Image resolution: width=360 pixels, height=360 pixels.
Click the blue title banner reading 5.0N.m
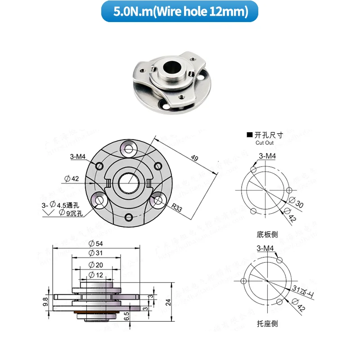(x=180, y=12)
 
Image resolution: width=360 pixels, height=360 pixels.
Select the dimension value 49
(x=194, y=158)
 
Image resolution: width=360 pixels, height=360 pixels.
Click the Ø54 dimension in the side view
(x=95, y=243)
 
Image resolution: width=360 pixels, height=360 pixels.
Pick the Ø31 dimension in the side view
(x=95, y=253)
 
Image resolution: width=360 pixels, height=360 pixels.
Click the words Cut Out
(x=265, y=143)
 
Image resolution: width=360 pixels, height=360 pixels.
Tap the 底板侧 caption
(x=268, y=234)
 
